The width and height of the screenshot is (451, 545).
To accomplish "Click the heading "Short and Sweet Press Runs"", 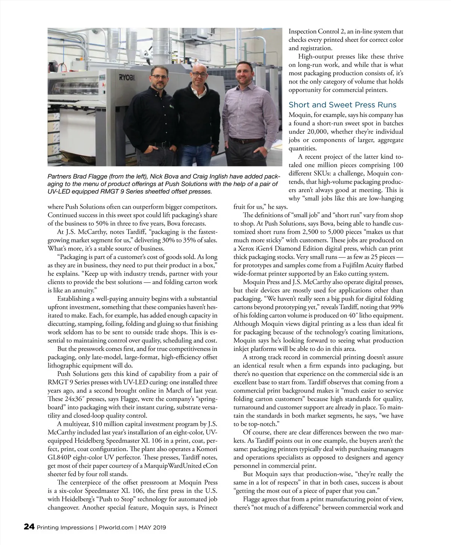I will click(x=342, y=105).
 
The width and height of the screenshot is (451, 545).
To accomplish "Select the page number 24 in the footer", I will click(x=29, y=527).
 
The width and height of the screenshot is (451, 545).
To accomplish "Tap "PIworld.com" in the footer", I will click(x=116, y=527).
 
